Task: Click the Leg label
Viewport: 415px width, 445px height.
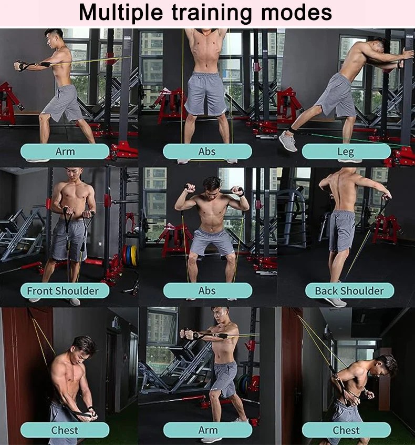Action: pyautogui.click(x=346, y=151)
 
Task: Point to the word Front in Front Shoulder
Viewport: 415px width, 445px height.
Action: pyautogui.click(x=40, y=290)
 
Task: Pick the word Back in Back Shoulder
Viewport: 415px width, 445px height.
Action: pyautogui.click(x=326, y=290)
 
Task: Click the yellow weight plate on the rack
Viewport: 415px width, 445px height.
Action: pyautogui.click(x=133, y=256)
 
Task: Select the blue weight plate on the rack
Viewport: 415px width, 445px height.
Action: pyautogui.click(x=128, y=256)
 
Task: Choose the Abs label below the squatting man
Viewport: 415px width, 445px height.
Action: pyautogui.click(x=207, y=290)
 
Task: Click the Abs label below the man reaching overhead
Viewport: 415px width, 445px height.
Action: pyautogui.click(x=207, y=151)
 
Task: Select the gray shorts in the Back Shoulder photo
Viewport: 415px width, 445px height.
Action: pyautogui.click(x=341, y=230)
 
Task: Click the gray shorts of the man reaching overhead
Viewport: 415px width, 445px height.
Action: pyautogui.click(x=206, y=93)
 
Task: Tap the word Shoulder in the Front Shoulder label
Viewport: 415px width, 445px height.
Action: pyautogui.click(x=78, y=290)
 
